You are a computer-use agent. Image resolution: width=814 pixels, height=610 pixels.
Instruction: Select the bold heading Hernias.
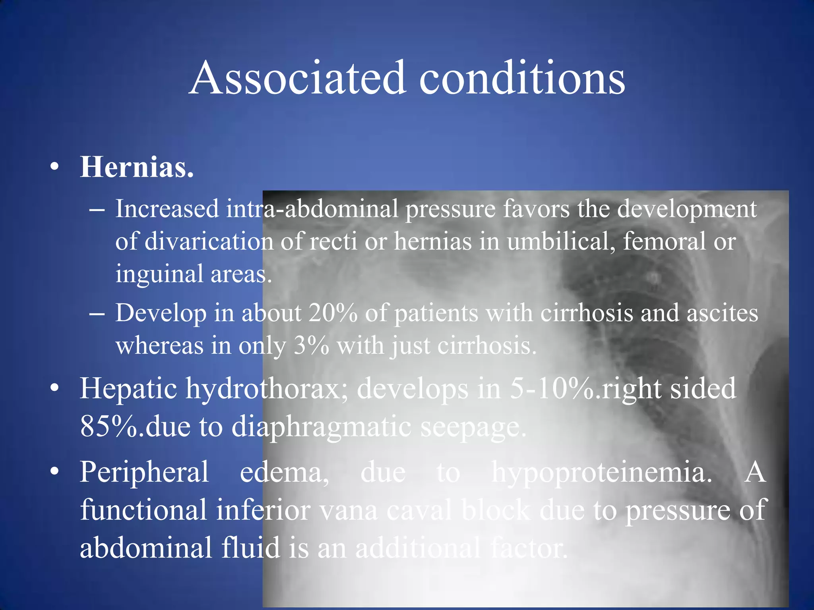click(x=137, y=167)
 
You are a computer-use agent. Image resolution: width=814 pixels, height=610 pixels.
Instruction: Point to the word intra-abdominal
click(x=312, y=209)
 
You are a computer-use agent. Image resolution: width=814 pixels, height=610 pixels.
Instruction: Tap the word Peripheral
click(x=144, y=473)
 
